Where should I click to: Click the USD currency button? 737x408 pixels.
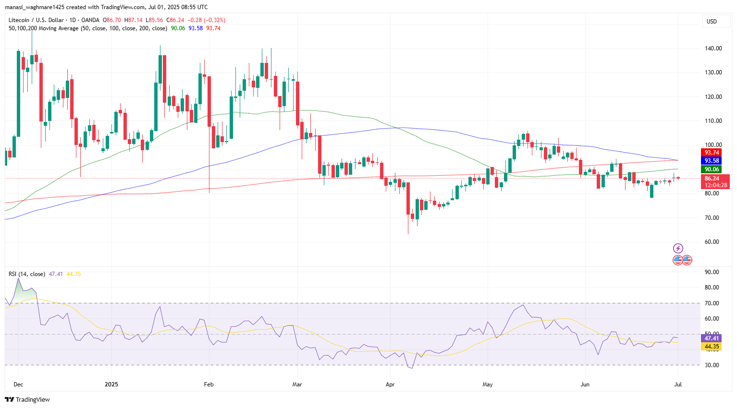pos(712,21)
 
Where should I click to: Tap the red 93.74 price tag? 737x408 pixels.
pos(712,153)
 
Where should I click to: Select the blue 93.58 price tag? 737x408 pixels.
pos(712,161)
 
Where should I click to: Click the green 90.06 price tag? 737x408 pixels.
pos(712,169)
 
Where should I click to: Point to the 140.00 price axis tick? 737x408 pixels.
pos(713,48)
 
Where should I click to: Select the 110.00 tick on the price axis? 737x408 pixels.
pos(713,121)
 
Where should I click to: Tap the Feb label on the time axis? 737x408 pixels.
pos(209,384)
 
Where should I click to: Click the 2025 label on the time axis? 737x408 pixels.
pos(111,384)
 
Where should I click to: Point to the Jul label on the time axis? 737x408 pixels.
pos(677,384)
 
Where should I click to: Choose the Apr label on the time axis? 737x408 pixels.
pos(390,384)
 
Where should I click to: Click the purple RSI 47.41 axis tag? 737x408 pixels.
pos(712,338)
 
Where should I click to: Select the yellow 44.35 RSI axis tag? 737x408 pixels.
pos(712,347)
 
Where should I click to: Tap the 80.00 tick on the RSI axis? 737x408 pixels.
pos(712,288)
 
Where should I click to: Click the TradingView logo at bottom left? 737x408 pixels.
pos(27,399)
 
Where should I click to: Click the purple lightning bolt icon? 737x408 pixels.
pos(678,248)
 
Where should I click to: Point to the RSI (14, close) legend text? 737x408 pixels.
pos(27,274)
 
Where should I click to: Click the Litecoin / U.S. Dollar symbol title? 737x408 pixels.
pos(36,20)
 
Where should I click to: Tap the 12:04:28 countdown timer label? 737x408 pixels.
pos(716,185)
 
